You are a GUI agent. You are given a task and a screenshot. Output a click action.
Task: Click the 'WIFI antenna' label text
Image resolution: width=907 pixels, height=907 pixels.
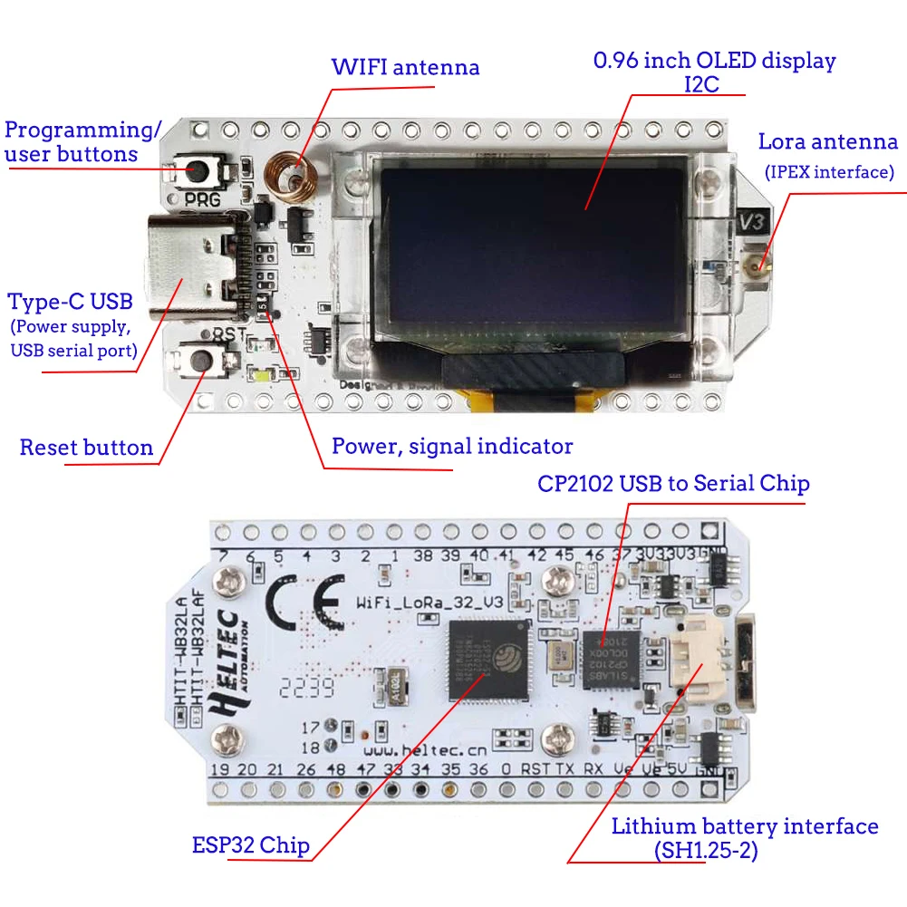[405, 67]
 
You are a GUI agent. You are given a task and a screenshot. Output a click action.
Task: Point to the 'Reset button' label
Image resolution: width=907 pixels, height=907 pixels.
[86, 448]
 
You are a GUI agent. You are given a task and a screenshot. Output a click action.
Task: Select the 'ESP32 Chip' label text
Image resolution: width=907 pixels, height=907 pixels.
[251, 845]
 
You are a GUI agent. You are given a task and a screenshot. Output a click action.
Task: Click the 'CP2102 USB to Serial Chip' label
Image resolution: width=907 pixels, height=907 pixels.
[673, 484]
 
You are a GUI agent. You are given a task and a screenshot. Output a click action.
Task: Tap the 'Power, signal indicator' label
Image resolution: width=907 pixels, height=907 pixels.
[451, 446]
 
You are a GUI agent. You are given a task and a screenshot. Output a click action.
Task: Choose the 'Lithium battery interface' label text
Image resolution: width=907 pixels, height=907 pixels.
[744, 826]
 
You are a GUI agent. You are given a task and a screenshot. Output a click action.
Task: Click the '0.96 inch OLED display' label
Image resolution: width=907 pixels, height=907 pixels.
[714, 62]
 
